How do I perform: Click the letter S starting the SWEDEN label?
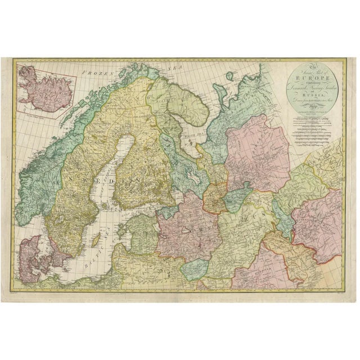(x=70, y=177)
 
